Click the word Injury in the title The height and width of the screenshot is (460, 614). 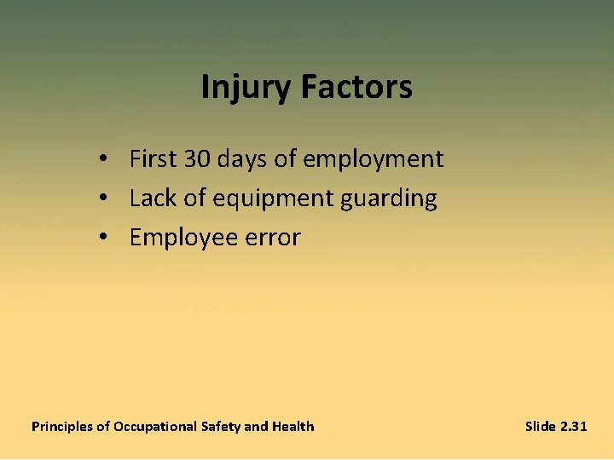tap(243, 88)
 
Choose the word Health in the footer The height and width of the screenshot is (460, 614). tap(293, 427)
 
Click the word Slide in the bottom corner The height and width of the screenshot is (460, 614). tap(541, 427)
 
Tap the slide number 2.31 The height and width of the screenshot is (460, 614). tap(574, 427)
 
